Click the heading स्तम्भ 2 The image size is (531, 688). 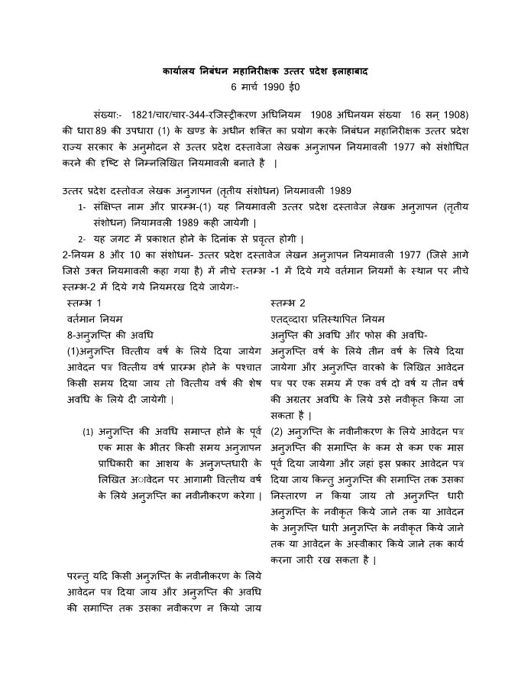288,303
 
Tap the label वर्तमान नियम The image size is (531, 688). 95,319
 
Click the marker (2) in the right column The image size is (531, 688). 278,431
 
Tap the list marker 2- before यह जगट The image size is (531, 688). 82,239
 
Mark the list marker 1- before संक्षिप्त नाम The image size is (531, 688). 82,206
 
